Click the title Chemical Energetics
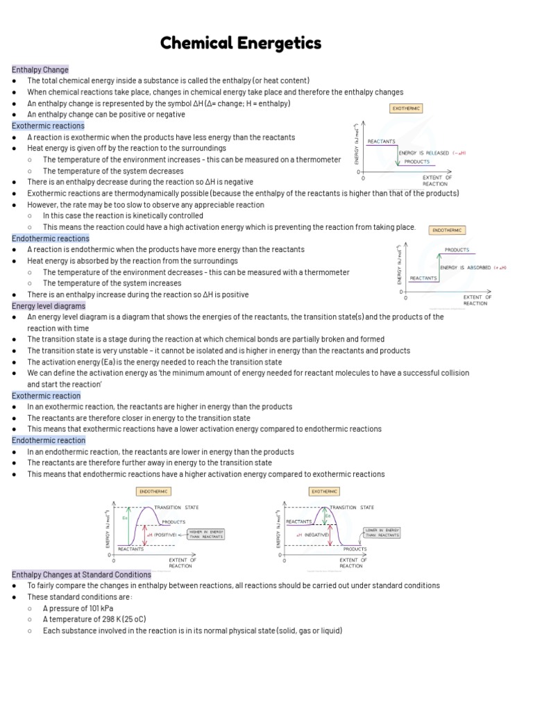pyautogui.click(x=241, y=43)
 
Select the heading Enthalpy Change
pyautogui.click(x=40, y=69)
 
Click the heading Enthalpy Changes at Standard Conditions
pyautogui.click(x=81, y=574)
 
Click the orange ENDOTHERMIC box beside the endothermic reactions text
pyautogui.click(x=448, y=230)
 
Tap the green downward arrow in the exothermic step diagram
pyautogui.click(x=397, y=156)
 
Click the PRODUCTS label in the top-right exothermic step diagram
pyautogui.click(x=416, y=161)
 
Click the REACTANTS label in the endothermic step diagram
pyautogui.click(x=423, y=278)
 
